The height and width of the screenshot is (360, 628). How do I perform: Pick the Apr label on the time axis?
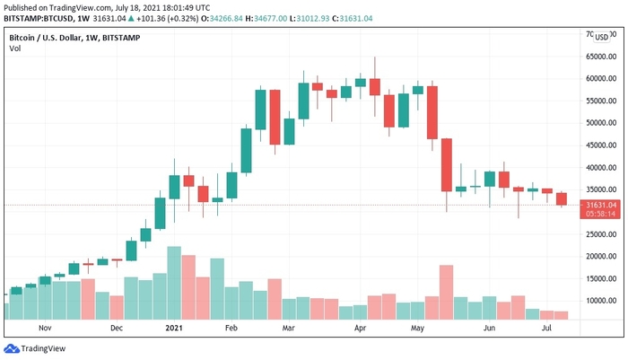[x=360, y=329]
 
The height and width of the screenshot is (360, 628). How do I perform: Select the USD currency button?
[x=601, y=38]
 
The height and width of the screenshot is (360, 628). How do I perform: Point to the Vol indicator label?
[x=14, y=48]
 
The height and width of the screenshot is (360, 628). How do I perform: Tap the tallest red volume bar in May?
[x=446, y=292]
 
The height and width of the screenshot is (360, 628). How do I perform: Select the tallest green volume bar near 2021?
[x=174, y=283]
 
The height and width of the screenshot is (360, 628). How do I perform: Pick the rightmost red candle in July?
[x=561, y=198]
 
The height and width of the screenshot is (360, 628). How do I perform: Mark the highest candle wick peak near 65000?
[x=374, y=57]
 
